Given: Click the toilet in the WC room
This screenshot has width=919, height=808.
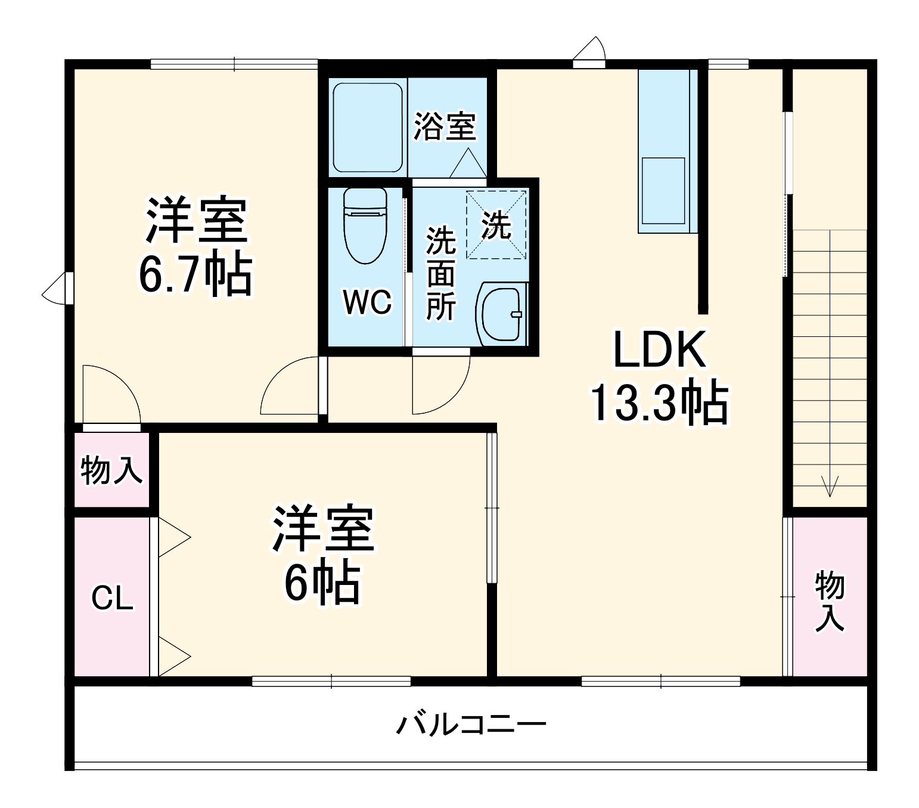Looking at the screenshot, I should (365, 226).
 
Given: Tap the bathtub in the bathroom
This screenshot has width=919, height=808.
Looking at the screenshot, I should (368, 128).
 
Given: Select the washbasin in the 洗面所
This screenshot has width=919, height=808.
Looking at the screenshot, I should (502, 314).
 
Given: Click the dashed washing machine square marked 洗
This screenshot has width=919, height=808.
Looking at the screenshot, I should (496, 225).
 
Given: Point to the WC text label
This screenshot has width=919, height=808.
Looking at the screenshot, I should (367, 302).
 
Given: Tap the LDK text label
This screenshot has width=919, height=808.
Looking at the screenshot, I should (660, 350).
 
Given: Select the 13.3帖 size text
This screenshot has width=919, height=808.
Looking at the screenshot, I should (660, 403).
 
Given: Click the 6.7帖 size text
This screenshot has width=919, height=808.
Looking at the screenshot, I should (195, 275).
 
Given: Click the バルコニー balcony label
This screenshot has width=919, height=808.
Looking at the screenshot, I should (471, 725).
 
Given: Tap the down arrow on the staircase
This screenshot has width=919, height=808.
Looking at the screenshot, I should (829, 486).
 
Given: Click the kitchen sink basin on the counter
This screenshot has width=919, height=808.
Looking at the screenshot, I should (663, 190).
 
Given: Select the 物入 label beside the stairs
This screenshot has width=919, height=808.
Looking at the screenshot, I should (830, 600).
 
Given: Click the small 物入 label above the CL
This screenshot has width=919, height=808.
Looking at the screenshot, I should (111, 470).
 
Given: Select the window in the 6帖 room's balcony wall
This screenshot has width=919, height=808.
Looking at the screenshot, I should (331, 681).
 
